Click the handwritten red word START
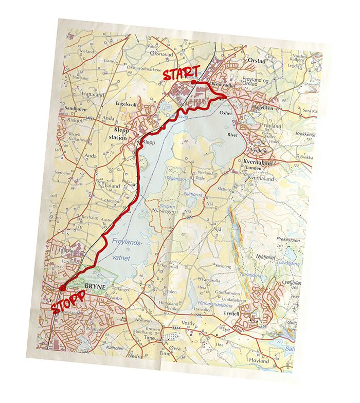pyautogui.click(x=181, y=74)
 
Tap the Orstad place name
pyautogui.click(x=257, y=59)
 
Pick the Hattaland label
pyautogui.click(x=93, y=95)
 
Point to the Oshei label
pyautogui.click(x=225, y=111)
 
